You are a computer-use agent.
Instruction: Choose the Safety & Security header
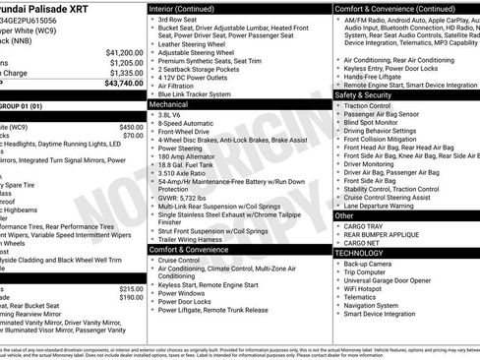tap(372, 94)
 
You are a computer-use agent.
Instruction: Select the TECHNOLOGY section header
tap(359, 253)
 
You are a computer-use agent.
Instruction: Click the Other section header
tap(344, 214)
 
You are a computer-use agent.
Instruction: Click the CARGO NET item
tap(362, 242)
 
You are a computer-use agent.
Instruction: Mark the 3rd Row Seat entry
tap(178, 20)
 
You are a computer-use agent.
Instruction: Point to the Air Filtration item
tap(181, 85)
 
